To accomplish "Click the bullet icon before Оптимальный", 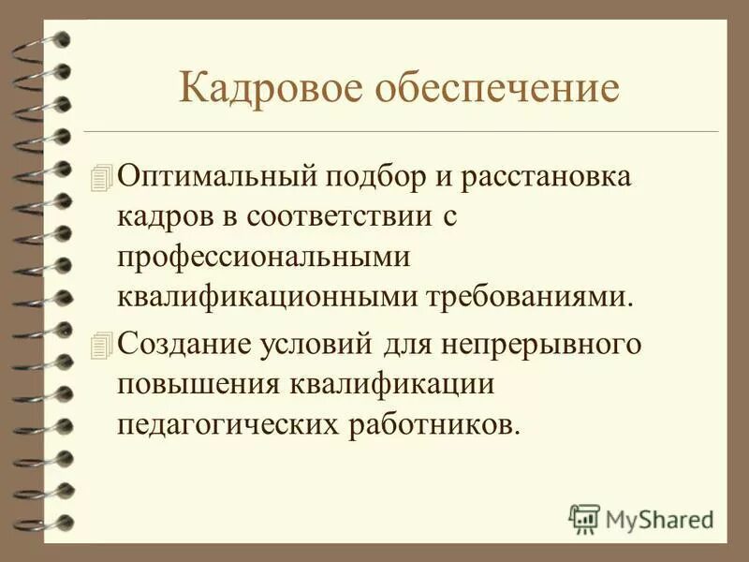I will (x=102, y=176).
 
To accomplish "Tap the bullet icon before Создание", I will (x=102, y=344).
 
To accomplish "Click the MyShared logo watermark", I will (x=642, y=518).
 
